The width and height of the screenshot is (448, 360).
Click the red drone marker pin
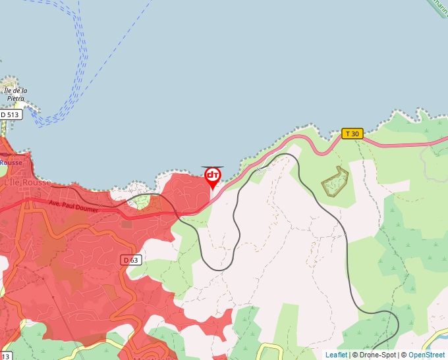(x=213, y=176)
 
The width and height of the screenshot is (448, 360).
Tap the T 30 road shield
(x=352, y=134)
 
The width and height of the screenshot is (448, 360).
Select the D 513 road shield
(x=11, y=115)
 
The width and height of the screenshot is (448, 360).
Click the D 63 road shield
(x=131, y=260)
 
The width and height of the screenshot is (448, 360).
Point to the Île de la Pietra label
(x=14, y=94)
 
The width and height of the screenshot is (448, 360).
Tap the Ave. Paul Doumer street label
(x=73, y=206)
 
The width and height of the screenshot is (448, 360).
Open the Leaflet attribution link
(x=336, y=355)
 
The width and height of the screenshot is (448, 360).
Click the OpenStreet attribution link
(x=426, y=355)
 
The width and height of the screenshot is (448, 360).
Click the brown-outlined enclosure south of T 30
(x=335, y=182)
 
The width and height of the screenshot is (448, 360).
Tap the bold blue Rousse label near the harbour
(x=11, y=163)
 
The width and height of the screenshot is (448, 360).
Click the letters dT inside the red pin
(x=213, y=175)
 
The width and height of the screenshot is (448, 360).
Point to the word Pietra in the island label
(x=15, y=98)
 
